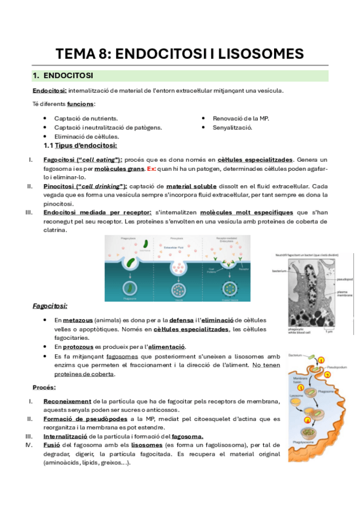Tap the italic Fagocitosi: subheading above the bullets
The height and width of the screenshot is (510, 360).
[x=50, y=306]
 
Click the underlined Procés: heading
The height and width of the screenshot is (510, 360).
[x=44, y=387]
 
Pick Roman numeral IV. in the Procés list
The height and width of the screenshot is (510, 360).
[x=28, y=445]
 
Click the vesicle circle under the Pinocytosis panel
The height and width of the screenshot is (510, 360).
[x=177, y=283]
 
